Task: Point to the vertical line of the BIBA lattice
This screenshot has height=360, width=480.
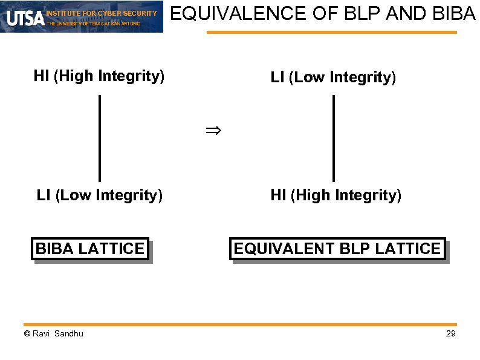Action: click(99, 138)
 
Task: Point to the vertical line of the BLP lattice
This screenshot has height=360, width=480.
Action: click(333, 138)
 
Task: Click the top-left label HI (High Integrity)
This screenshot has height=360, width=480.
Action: click(99, 76)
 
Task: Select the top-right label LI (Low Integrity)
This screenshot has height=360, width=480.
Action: click(333, 77)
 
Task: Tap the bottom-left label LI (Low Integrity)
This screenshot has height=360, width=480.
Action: click(99, 195)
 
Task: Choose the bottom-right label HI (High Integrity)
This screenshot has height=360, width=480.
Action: click(336, 195)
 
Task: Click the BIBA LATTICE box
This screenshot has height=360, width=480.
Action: click(89, 248)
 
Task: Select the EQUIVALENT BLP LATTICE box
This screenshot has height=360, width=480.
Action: click(337, 248)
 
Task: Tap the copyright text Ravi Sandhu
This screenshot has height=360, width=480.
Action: click(54, 333)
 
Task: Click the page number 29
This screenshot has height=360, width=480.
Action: click(450, 333)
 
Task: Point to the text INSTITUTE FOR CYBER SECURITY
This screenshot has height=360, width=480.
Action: click(102, 13)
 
